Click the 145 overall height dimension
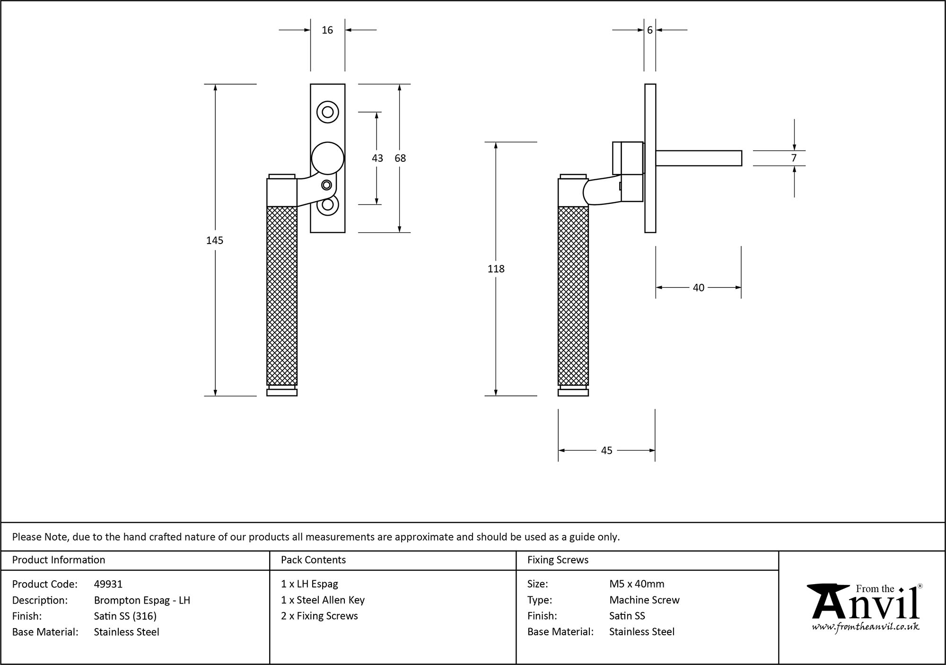[x=215, y=240]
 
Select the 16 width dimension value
[x=327, y=30]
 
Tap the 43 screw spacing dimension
[x=377, y=158]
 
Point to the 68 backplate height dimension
[x=400, y=158]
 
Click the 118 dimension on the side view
[x=496, y=269]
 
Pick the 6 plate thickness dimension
[x=649, y=30]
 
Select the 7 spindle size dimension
[x=794, y=158]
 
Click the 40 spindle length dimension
[x=698, y=288]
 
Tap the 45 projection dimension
[x=606, y=451]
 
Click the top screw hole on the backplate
[x=327, y=112]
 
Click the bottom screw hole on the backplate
[x=327, y=205]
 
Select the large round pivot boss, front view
[x=327, y=158]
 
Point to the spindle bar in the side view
[x=698, y=158]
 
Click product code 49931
[x=108, y=584]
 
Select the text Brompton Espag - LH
[x=142, y=600]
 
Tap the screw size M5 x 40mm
[x=637, y=584]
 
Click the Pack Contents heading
[x=313, y=560]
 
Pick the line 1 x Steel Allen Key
[x=323, y=600]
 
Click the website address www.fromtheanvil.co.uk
[x=866, y=627]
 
